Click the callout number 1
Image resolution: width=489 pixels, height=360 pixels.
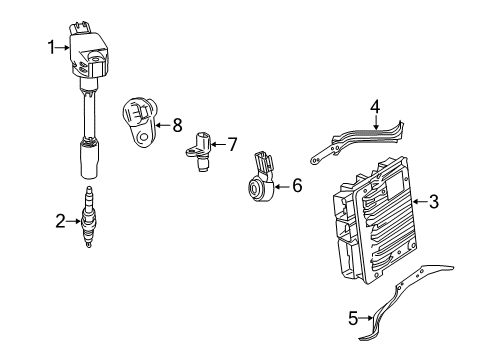(x=49, y=44)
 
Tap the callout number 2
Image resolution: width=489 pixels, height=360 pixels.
(x=60, y=221)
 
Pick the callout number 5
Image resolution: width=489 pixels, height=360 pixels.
(x=353, y=318)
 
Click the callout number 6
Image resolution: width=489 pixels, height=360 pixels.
(x=296, y=185)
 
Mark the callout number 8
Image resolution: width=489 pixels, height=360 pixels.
(x=177, y=125)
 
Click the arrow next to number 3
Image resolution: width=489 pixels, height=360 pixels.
(x=418, y=202)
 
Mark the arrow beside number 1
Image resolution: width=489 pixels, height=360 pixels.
(x=62, y=44)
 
